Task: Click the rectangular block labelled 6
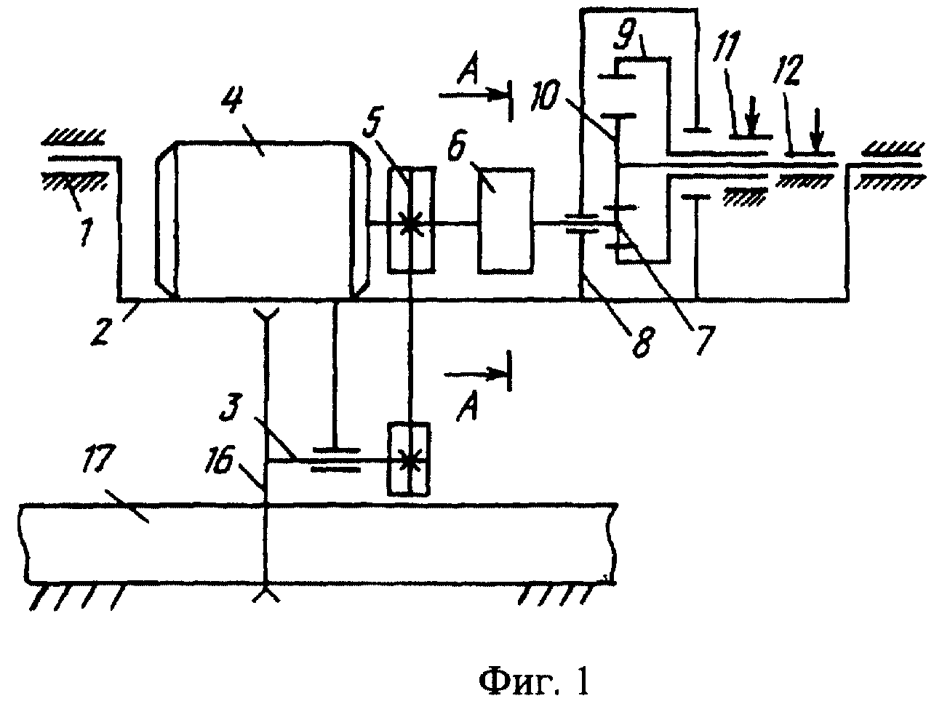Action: (506, 220)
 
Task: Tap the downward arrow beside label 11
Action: (754, 117)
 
